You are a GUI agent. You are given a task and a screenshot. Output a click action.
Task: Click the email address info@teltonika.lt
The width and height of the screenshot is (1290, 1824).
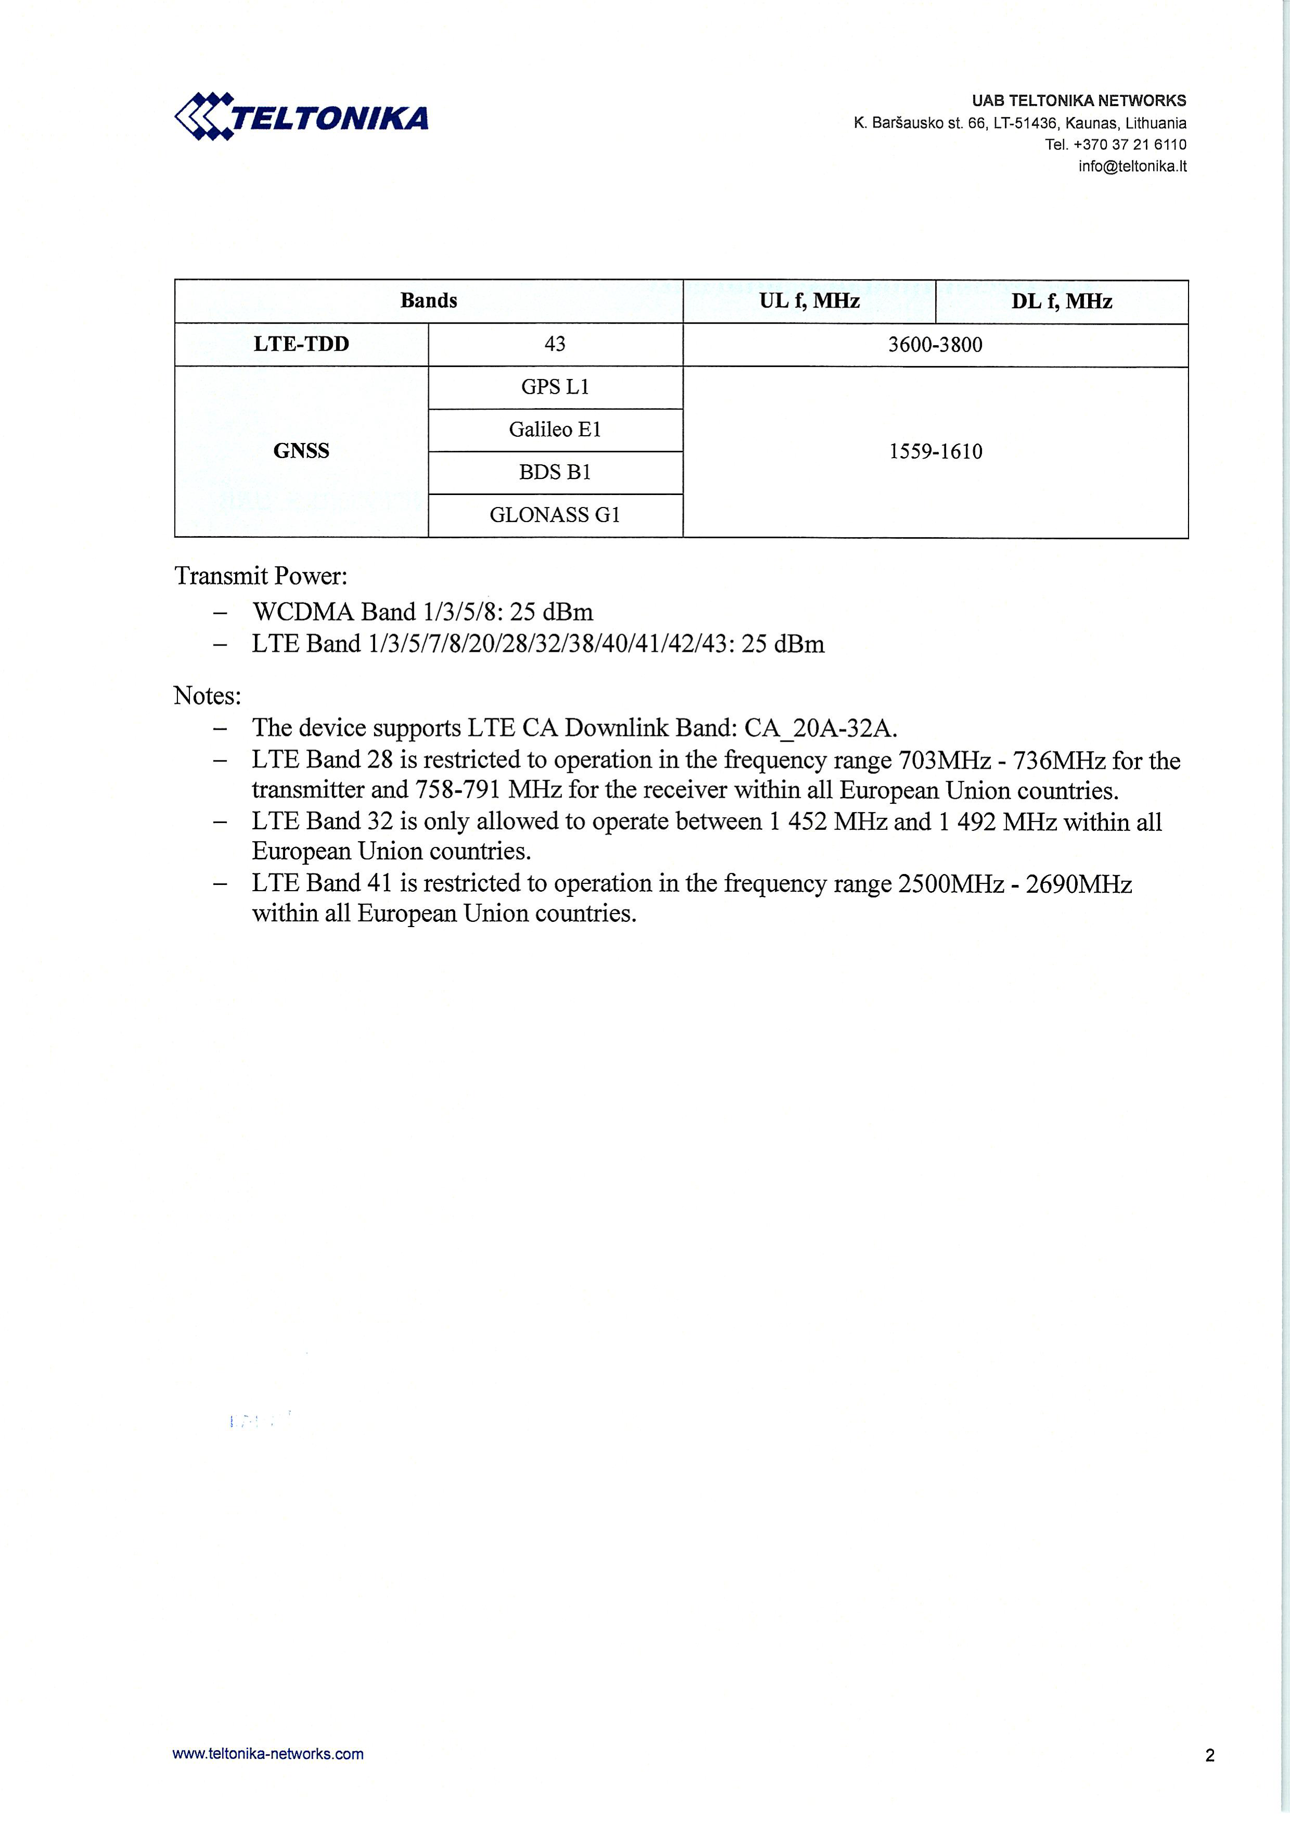click(1132, 166)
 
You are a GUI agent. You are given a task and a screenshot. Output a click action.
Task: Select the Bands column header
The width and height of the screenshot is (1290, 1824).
click(428, 300)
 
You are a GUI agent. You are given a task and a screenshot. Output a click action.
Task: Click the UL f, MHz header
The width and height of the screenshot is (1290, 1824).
click(809, 301)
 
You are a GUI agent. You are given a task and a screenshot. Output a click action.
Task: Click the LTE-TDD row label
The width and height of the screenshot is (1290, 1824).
click(301, 344)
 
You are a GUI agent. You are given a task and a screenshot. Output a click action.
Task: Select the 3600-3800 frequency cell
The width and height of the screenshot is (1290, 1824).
click(935, 345)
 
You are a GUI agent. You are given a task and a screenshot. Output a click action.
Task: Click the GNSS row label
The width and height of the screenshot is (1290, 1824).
click(301, 451)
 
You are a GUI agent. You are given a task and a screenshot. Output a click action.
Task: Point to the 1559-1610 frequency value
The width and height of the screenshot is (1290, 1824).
click(935, 452)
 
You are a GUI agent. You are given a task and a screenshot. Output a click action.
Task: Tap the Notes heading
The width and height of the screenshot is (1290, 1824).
click(207, 696)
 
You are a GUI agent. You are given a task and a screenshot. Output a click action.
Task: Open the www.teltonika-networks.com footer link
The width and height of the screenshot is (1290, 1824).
click(267, 1754)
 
